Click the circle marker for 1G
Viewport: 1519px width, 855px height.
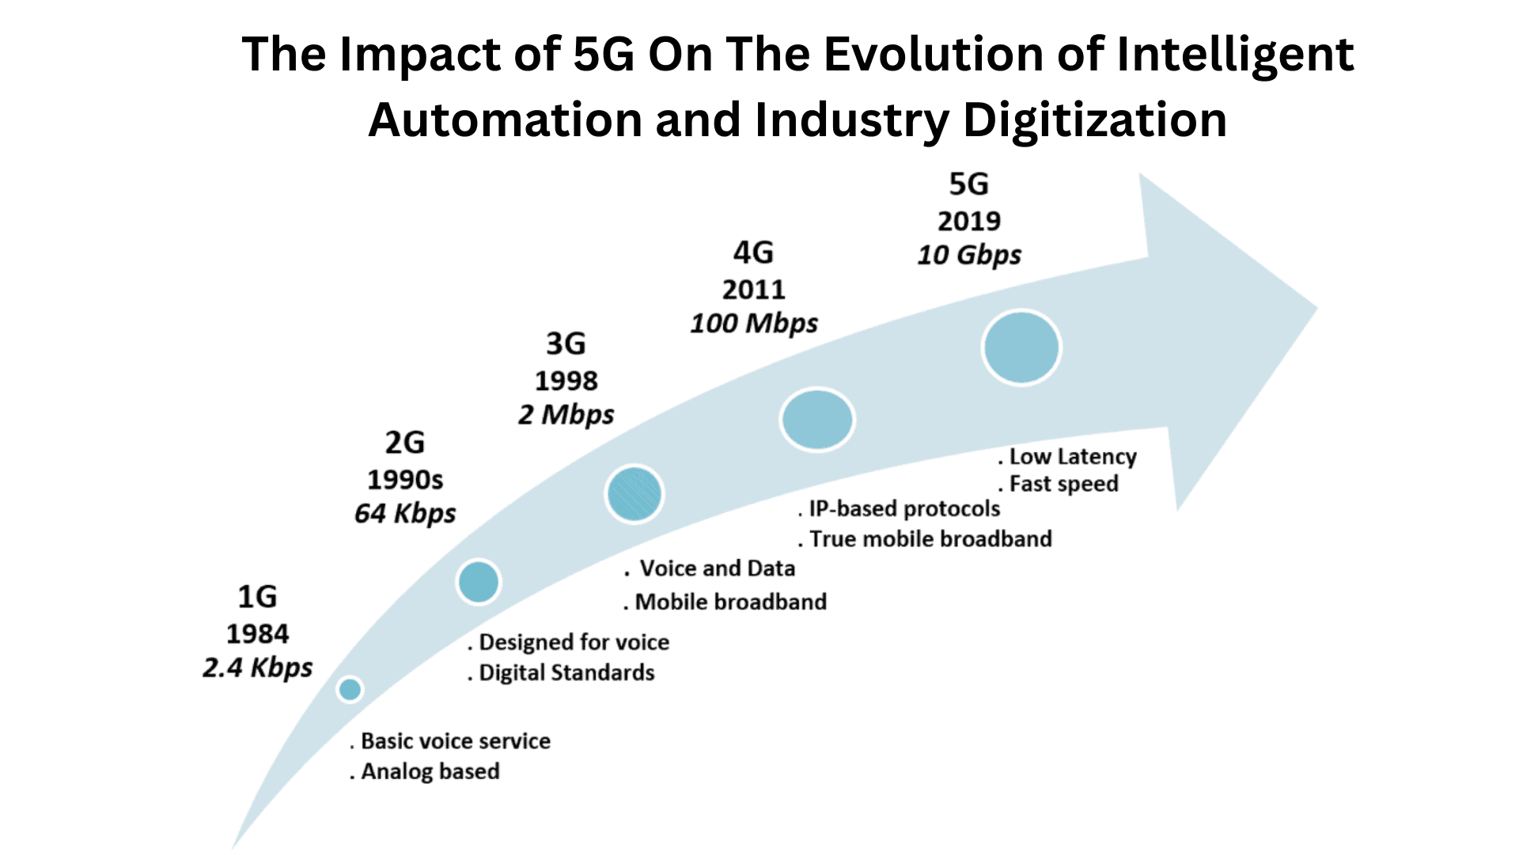(350, 689)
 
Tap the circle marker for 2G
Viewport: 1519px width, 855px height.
(479, 582)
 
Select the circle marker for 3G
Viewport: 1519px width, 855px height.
(634, 494)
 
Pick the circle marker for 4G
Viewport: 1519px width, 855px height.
(816, 420)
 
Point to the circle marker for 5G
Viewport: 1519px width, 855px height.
(1021, 348)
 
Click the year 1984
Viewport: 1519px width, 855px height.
(258, 633)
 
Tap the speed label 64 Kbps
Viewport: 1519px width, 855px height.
(405, 513)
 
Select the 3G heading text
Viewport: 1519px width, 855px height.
(566, 344)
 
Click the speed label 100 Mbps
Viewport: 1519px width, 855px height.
(754, 323)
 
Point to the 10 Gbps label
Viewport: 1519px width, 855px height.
(969, 255)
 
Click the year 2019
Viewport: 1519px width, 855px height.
(969, 221)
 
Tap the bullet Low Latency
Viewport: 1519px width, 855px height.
(1072, 457)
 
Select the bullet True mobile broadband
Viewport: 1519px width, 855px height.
(930, 539)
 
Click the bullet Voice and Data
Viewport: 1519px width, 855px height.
(716, 568)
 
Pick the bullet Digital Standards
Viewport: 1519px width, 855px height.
(566, 673)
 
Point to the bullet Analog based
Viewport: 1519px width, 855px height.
(430, 771)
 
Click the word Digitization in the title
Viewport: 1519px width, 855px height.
(1094, 120)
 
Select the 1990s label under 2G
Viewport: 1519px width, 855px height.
(405, 480)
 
